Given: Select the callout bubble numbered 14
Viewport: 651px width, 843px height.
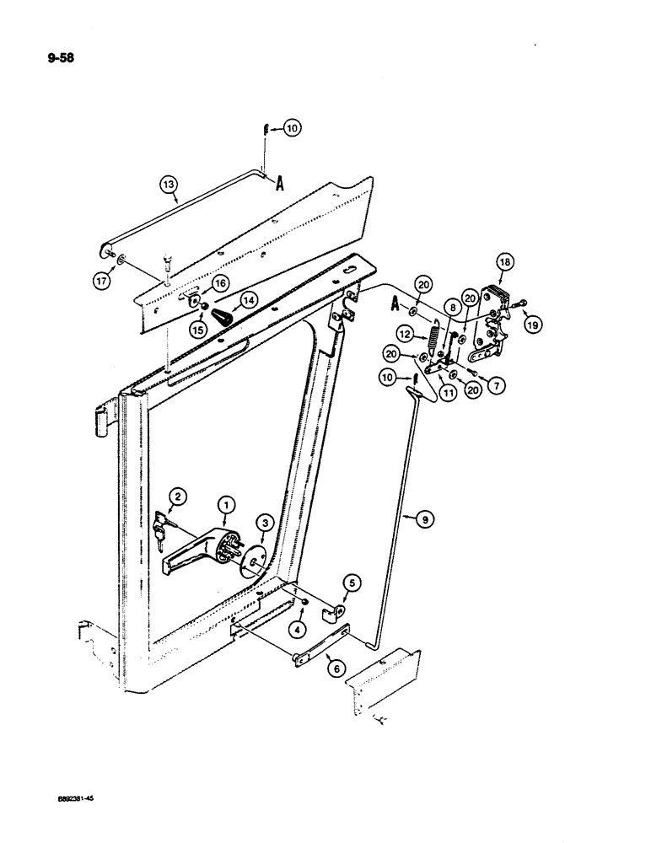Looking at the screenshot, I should (248, 299).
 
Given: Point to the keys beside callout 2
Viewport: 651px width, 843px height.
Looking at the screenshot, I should (164, 529).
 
